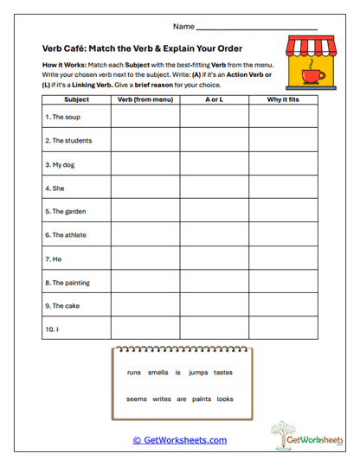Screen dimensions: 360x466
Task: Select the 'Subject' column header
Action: [x=76, y=100]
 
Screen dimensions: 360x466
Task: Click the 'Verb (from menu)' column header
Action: [x=145, y=100]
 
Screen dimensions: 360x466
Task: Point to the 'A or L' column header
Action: [x=215, y=100]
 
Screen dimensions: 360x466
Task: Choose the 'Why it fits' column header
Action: [x=284, y=100]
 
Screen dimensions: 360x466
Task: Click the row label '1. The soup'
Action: [x=62, y=117]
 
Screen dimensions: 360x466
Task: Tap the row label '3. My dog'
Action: [x=61, y=163]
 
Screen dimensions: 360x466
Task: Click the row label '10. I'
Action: [x=53, y=329]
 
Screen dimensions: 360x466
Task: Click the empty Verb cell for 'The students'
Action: [x=145, y=140]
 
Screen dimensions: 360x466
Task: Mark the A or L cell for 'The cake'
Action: [x=215, y=305]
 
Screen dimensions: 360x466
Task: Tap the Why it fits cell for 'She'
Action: [x=284, y=187]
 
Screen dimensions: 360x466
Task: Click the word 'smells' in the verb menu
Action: [x=158, y=373]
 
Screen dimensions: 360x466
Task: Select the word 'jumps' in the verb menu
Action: [x=198, y=373]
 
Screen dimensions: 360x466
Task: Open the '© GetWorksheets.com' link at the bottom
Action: [x=179, y=440]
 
